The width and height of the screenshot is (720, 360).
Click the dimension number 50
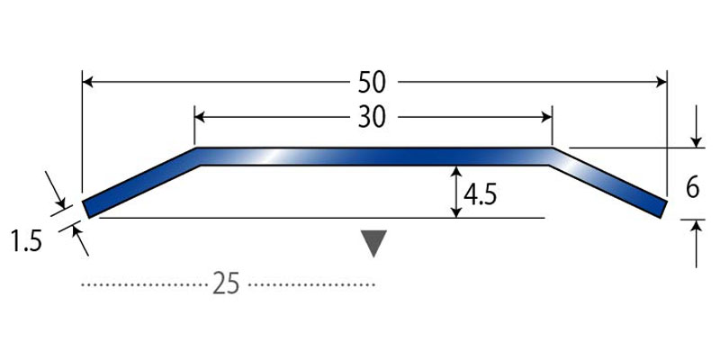372,83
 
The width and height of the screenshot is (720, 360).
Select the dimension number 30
372,118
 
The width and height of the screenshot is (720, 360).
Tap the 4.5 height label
480,195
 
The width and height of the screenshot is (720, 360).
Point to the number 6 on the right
693,188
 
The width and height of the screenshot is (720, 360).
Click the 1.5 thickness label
26,242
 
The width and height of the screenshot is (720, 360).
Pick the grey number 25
226,284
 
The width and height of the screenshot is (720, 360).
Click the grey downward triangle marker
373,243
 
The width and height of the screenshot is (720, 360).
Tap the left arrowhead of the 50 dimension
87,83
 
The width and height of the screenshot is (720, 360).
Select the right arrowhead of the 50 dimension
661,83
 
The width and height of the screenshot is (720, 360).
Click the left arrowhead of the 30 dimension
200,118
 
